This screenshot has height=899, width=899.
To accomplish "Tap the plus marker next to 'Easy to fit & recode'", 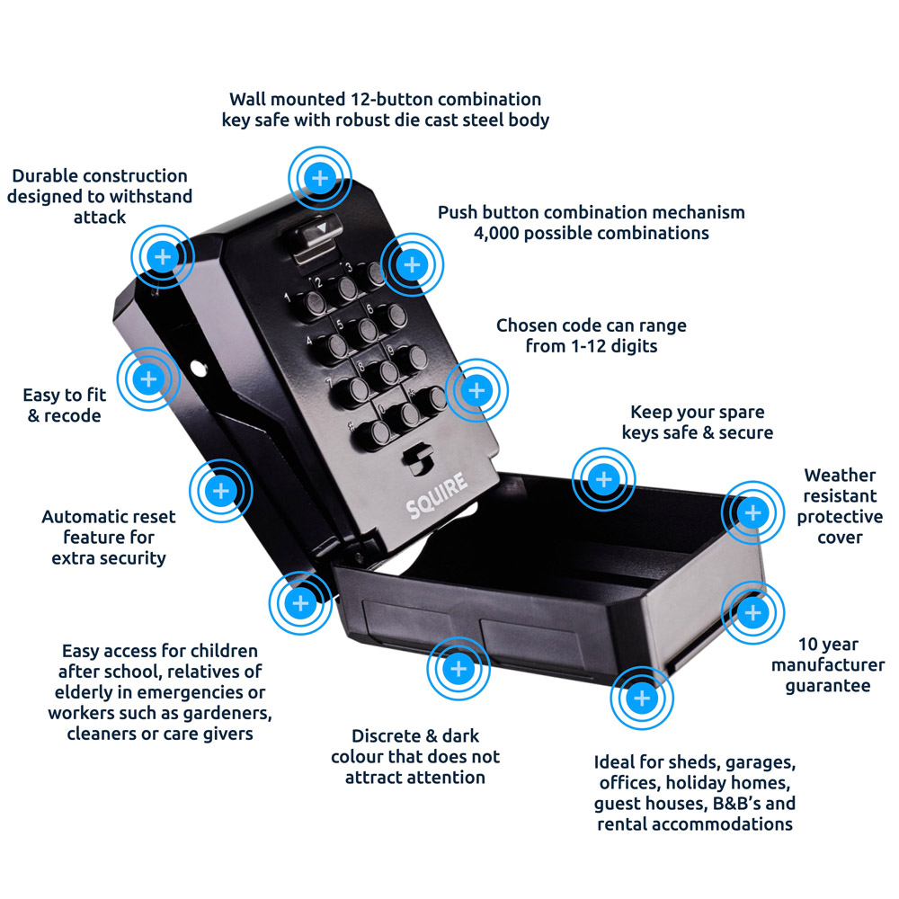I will pyautogui.click(x=149, y=379).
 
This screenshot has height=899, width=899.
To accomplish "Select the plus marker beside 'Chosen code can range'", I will pyautogui.click(x=477, y=390).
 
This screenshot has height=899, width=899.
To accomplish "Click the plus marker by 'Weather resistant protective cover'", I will pyautogui.click(x=752, y=512).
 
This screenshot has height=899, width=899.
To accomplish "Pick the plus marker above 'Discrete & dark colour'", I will pyautogui.click(x=458, y=669).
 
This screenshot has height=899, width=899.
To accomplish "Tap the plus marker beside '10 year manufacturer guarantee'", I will pyautogui.click(x=752, y=611).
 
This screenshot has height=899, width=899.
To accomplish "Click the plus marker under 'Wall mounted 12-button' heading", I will pyautogui.click(x=319, y=177).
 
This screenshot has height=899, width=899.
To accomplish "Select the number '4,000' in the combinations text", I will pyautogui.click(x=500, y=234).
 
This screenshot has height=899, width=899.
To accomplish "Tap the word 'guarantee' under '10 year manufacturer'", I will pyautogui.click(x=828, y=685).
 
